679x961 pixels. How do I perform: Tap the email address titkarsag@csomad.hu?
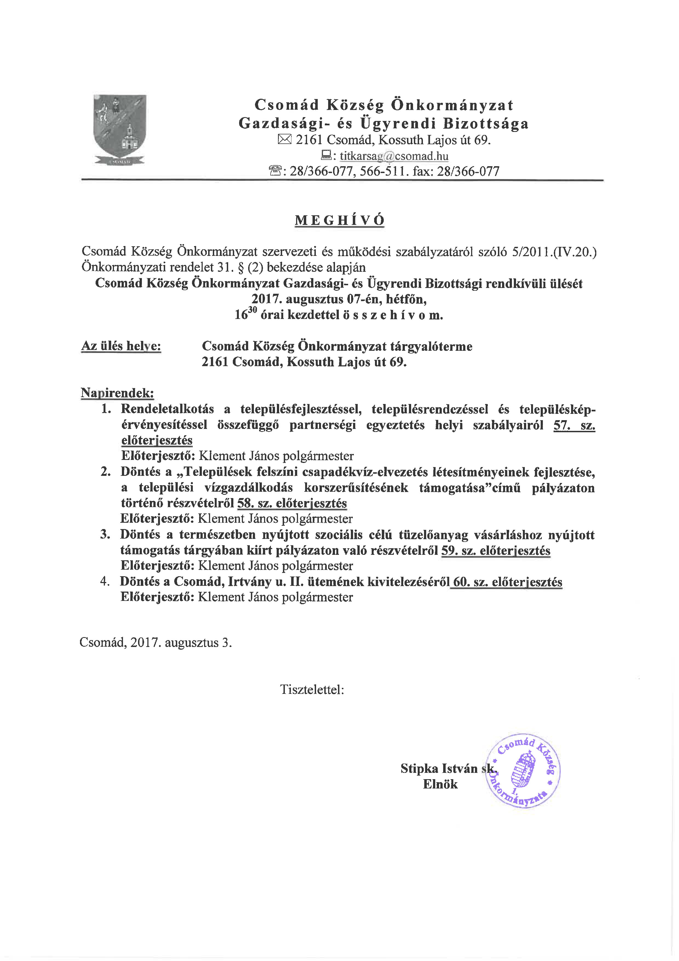coord(394,156)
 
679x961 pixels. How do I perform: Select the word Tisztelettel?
coord(312,689)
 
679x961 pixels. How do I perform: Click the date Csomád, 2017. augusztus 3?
coord(156,643)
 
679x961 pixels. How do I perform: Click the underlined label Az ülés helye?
coord(121,346)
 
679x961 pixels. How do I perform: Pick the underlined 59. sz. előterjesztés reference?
coord(496,550)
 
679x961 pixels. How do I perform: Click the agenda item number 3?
coord(105,535)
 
